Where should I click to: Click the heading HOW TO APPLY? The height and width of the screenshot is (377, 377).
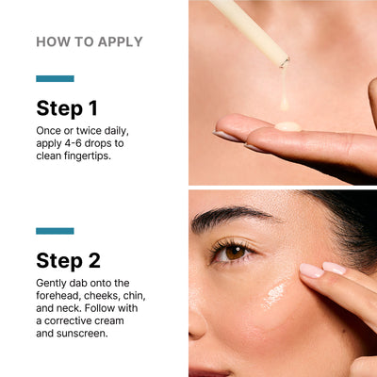coord(90,41)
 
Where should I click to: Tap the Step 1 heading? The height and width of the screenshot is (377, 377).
coord(67,107)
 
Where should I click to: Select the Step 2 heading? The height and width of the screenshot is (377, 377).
coord(69,260)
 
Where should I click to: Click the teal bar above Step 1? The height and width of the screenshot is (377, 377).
coord(55,79)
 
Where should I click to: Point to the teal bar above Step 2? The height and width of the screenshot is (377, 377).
coord(55,231)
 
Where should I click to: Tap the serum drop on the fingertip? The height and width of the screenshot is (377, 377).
coord(288,125)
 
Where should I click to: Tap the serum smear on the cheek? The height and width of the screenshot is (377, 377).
coord(274,296)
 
